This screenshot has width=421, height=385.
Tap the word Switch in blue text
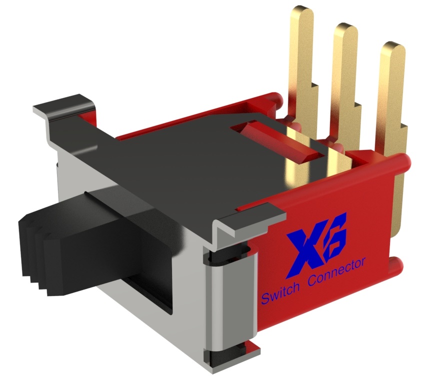click(x=280, y=296)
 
